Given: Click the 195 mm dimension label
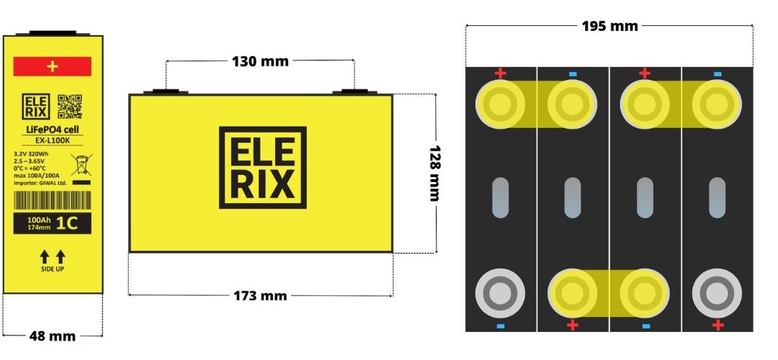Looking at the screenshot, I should click(x=609, y=26).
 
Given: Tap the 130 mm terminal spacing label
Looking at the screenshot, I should click(x=260, y=61).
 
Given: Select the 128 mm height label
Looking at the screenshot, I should click(x=434, y=174).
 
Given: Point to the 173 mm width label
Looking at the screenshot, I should click(x=260, y=295).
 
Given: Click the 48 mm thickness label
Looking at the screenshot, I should click(x=53, y=336).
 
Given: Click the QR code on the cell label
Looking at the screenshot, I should click(x=69, y=106).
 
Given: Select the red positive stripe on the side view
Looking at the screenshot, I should click(x=52, y=66).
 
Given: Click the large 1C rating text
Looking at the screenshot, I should click(x=72, y=224).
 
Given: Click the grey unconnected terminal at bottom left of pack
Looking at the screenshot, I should click(x=501, y=293).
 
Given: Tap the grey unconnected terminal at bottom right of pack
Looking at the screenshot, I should click(x=717, y=293).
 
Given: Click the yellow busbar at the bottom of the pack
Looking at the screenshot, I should click(x=609, y=293).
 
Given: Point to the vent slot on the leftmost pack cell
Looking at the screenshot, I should click(x=501, y=197).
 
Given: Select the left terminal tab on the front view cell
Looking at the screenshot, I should click(x=166, y=91).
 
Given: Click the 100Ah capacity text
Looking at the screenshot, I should click(x=38, y=220).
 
